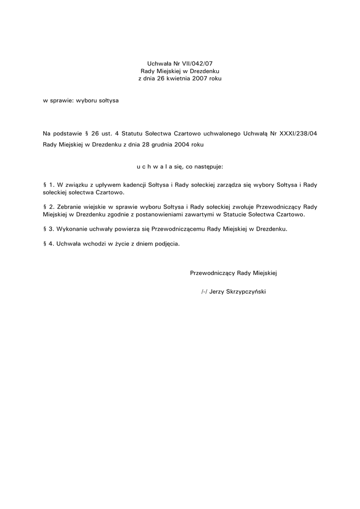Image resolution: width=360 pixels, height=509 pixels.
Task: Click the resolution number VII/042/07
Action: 198,63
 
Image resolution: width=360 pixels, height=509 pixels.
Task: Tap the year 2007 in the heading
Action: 200,79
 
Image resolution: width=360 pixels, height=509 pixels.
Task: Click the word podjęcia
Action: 167,244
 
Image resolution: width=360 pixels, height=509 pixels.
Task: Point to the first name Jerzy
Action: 217,292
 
